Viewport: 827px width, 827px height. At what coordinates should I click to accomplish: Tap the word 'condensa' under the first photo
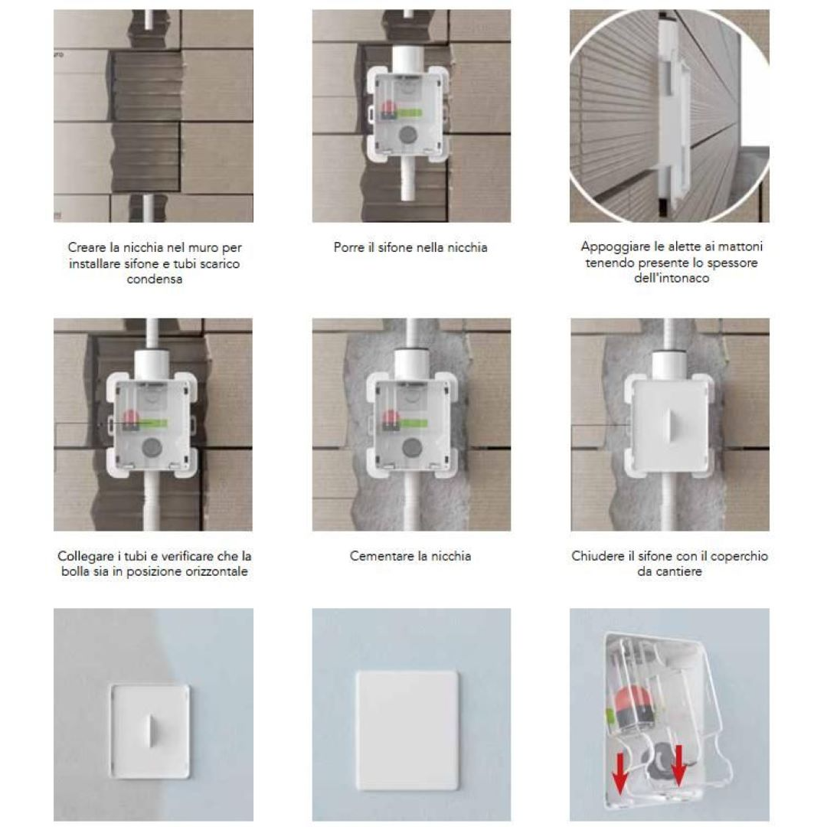155,279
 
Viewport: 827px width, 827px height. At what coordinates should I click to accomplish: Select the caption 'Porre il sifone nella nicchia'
410,247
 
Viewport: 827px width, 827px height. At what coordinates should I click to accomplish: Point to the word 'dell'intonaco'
672,278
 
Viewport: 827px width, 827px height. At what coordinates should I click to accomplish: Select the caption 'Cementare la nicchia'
410,556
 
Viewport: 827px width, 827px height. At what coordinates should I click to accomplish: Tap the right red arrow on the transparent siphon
678,765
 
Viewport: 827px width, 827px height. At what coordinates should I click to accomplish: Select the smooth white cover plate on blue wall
407,731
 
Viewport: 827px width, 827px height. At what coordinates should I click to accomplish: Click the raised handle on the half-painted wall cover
151,731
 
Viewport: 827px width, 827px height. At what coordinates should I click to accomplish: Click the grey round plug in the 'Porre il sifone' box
407,135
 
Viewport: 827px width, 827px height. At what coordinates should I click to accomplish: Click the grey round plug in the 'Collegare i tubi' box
152,447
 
